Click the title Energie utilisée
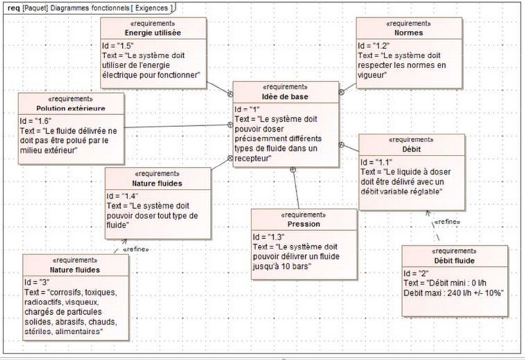pos(153,32)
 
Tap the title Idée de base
pos(286,96)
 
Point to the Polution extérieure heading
pos(71,108)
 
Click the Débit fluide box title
pos(455,261)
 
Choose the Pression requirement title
pos(304,224)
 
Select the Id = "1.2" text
pos(374,46)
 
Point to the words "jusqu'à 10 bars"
pos(282,267)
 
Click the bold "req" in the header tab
pos(13,7)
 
